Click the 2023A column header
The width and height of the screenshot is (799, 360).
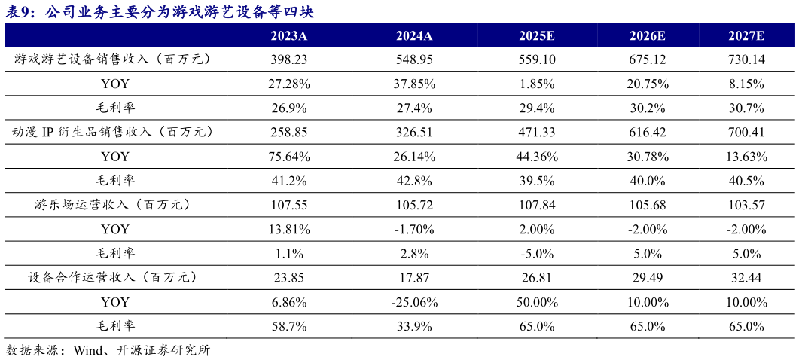[289, 35]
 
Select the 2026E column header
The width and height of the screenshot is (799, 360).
[647, 35]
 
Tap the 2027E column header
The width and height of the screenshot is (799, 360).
[746, 35]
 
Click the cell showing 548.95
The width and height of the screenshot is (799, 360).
[413, 59]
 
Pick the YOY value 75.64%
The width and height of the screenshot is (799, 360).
[289, 157]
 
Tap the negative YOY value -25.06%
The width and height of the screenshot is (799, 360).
[413, 302]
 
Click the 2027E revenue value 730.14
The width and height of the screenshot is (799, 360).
[746, 59]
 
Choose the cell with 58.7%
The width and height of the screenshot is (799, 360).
[289, 326]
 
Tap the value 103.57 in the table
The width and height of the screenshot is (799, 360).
[746, 205]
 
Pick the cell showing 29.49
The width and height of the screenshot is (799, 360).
[647, 278]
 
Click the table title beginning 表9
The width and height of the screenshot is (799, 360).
[159, 11]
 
